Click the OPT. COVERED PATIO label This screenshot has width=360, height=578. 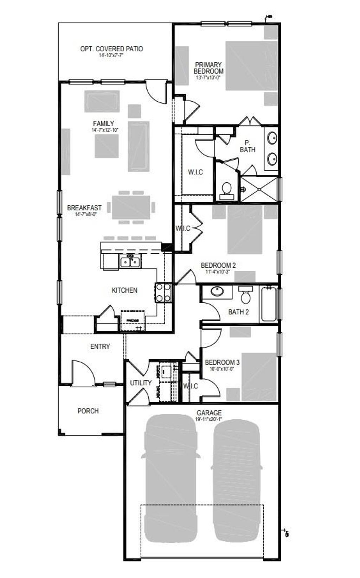pyautogui.click(x=111, y=49)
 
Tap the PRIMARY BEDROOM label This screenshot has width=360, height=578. pyautogui.click(x=208, y=68)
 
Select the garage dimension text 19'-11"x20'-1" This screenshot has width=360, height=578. pyautogui.click(x=209, y=419)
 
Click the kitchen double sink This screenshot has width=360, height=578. pyautogui.click(x=130, y=262)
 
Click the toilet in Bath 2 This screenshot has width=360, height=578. pyautogui.click(x=246, y=296)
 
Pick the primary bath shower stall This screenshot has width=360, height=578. pyautogui.click(x=259, y=189)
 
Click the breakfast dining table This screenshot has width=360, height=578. pyautogui.click(x=131, y=208)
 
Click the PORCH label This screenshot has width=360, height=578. pyautogui.click(x=88, y=411)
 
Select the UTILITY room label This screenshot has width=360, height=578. pyautogui.click(x=141, y=383)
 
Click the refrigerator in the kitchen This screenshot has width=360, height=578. pyautogui.click(x=132, y=320)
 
